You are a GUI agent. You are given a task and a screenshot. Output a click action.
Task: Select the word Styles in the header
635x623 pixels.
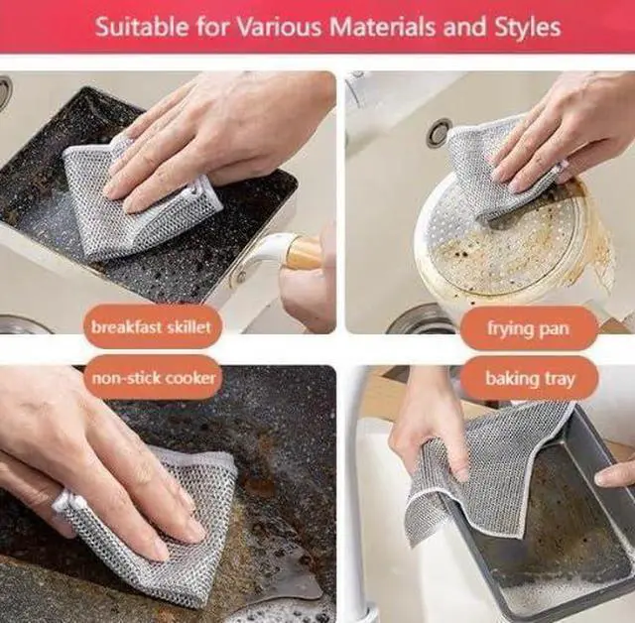[526, 26]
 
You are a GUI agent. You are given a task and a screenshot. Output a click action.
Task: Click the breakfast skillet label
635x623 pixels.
[151, 325]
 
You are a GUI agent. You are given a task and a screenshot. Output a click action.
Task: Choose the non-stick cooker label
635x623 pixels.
[154, 378]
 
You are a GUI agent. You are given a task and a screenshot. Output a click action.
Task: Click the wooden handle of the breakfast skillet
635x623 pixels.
[302, 254]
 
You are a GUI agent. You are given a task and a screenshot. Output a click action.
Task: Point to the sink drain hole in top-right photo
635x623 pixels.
[439, 132]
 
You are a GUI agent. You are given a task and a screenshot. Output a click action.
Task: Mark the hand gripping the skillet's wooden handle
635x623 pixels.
[308, 293]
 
